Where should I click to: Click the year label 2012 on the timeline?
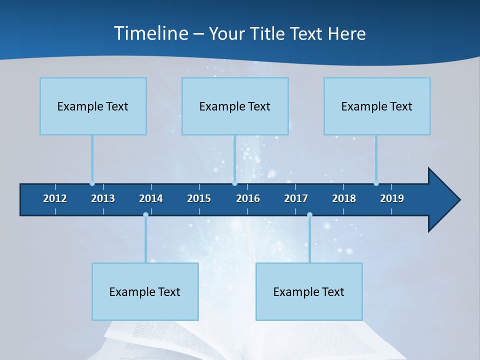click(55, 198)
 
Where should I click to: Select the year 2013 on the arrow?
click(103, 198)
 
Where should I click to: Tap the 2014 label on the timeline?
click(151, 198)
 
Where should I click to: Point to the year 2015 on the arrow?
click(199, 198)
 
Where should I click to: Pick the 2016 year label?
click(248, 198)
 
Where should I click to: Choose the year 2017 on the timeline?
click(296, 198)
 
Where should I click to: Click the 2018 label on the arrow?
click(344, 198)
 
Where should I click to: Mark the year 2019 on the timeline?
click(392, 198)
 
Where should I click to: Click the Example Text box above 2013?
click(93, 106)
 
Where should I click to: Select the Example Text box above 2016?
click(235, 106)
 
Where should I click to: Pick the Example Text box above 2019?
click(377, 106)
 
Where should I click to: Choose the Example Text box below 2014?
click(145, 292)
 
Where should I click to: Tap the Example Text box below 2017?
click(309, 292)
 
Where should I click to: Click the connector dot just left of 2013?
click(92, 183)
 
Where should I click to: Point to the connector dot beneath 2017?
click(309, 215)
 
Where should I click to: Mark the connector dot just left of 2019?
click(376, 183)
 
